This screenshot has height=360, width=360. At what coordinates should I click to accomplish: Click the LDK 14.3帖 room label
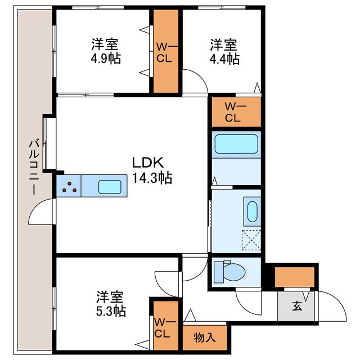point(151,170)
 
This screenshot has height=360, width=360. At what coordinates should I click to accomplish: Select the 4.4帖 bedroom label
point(224,51)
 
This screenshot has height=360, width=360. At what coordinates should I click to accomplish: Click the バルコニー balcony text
point(34,168)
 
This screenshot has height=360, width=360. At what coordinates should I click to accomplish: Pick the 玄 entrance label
point(296,307)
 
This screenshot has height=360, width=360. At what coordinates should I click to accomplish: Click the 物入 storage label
point(205,338)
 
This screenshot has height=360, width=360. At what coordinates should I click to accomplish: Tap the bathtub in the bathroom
point(236,144)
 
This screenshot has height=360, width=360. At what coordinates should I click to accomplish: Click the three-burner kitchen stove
point(69,187)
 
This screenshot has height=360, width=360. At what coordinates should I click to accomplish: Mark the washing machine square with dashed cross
point(251,240)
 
